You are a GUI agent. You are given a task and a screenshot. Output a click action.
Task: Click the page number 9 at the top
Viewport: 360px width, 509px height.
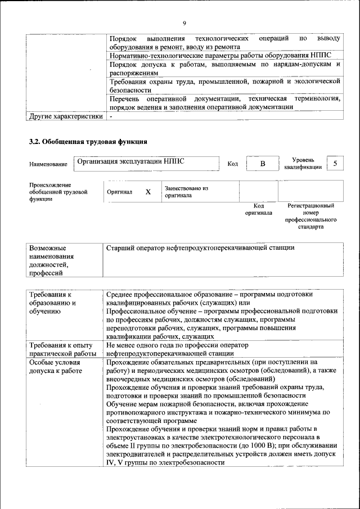pos(184,22)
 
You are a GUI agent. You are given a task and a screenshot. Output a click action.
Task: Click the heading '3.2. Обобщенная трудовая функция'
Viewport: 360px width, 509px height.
pos(88,141)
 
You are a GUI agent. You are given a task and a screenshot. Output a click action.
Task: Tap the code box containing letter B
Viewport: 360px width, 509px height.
pos(262,164)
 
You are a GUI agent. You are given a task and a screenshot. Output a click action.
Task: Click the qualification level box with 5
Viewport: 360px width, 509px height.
pos(335,163)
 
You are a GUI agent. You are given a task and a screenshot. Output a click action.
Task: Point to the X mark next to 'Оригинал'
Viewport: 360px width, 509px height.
pos(148,192)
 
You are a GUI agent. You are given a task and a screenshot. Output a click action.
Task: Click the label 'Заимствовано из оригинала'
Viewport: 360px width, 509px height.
pos(186,192)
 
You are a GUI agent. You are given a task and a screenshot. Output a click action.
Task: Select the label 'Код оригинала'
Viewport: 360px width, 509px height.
pos(259,209)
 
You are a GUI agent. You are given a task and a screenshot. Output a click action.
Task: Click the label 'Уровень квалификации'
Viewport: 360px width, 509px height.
pos(303,163)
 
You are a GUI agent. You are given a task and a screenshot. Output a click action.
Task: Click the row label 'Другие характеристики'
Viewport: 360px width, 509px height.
pos(66,116)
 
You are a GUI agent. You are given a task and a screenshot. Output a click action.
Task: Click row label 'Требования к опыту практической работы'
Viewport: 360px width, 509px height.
pos(62,349)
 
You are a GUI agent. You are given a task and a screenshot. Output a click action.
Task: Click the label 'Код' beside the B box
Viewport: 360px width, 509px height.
pos(233,164)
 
